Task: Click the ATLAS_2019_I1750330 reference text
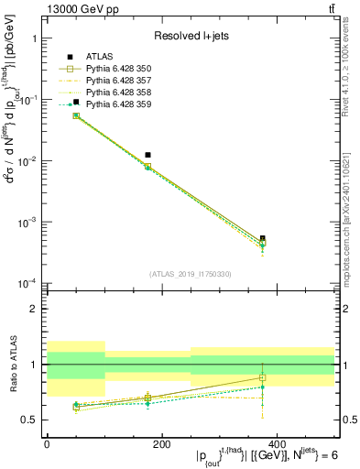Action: coord(191,274)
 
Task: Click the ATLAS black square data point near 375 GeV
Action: coord(263,238)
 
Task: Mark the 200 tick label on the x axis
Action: coord(161,444)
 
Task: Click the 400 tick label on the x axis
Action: coord(277,444)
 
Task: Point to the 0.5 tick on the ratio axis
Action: coord(34,420)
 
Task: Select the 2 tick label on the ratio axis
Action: coord(37,309)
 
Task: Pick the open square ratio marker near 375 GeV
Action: coord(263,378)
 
